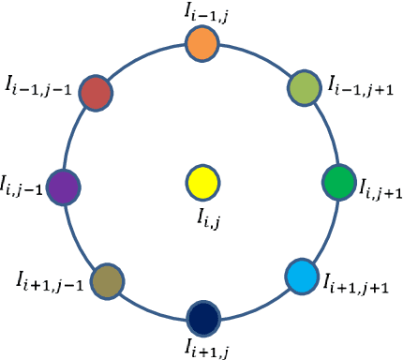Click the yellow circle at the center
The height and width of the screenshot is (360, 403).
(x=202, y=181)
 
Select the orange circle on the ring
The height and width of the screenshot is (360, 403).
(x=202, y=43)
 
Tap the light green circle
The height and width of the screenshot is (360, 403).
(x=303, y=85)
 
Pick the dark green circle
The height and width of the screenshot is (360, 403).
(x=337, y=180)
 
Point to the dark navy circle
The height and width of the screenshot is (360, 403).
(x=203, y=316)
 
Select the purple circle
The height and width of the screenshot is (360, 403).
(x=65, y=185)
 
